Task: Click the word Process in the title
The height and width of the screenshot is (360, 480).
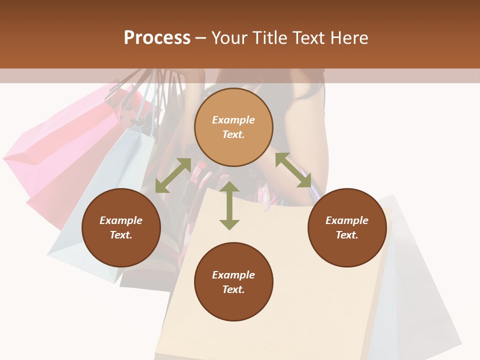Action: point(157,38)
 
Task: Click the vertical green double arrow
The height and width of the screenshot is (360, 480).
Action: point(229,205)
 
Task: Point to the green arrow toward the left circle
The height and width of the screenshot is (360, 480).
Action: point(173,175)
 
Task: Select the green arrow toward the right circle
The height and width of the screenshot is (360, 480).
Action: point(293,170)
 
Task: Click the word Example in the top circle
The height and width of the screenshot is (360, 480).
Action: point(233,120)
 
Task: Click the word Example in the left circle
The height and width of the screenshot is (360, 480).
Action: point(121,220)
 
